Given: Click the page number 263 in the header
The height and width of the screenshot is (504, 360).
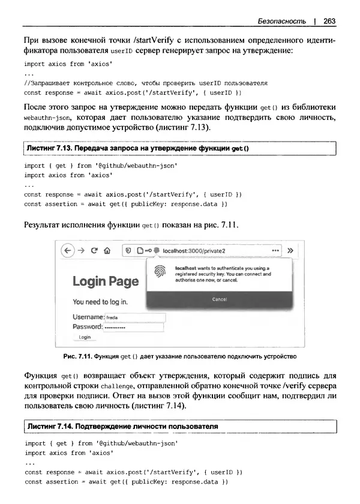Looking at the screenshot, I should (329, 21).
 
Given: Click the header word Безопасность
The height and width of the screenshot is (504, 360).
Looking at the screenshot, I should (281, 21).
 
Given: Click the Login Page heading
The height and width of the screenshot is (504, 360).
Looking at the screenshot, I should (106, 281).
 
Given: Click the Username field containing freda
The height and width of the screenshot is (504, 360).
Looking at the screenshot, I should (134, 317).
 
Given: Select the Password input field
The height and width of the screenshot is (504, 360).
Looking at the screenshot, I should (133, 327).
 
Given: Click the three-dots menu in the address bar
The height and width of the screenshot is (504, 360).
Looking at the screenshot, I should (275, 251).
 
